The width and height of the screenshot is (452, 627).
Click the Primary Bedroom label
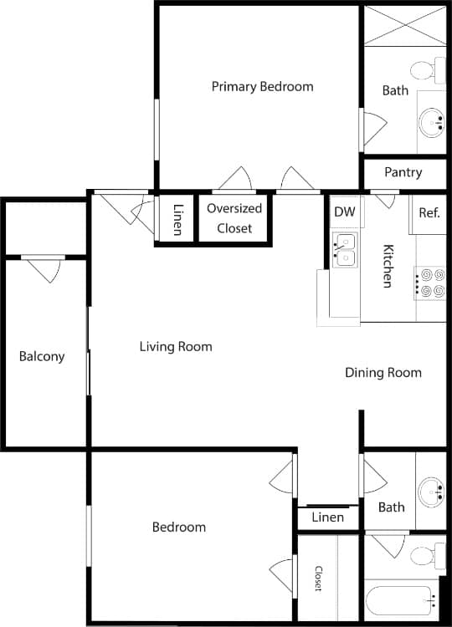click(262, 86)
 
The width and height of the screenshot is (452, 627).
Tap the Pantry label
click(403, 172)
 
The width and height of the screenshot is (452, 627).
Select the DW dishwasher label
click(344, 212)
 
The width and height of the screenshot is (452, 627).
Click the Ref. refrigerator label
click(429, 212)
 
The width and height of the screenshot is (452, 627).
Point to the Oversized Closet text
click(234, 218)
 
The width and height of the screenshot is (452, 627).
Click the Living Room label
click(176, 346)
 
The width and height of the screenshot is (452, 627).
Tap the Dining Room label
click(383, 372)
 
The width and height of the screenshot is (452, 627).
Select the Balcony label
click(42, 356)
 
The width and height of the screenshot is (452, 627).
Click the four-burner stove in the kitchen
click(431, 283)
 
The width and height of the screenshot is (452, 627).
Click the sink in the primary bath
click(432, 122)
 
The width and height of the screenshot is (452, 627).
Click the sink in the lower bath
click(431, 490)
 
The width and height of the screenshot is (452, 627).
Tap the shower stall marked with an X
click(404, 25)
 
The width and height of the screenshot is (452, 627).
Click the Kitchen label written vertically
click(388, 265)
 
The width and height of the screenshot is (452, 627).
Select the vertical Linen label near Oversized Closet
click(177, 220)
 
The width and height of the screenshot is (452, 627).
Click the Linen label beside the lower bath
click(327, 517)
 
